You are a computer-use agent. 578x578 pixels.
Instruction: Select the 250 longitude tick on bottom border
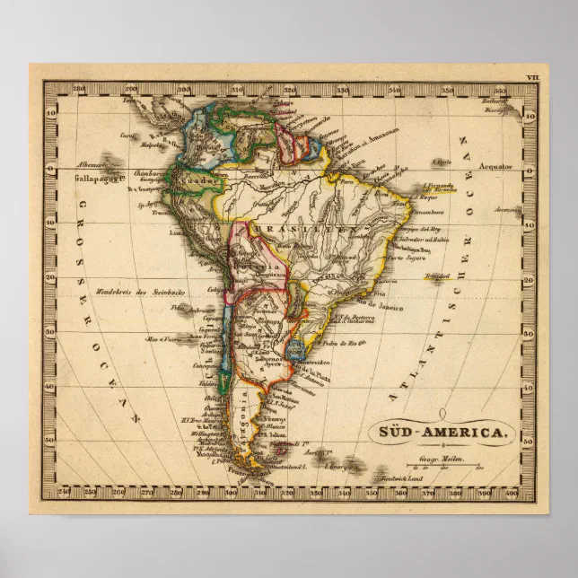point(64,492)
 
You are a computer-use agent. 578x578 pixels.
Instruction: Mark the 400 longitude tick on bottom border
point(511,492)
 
